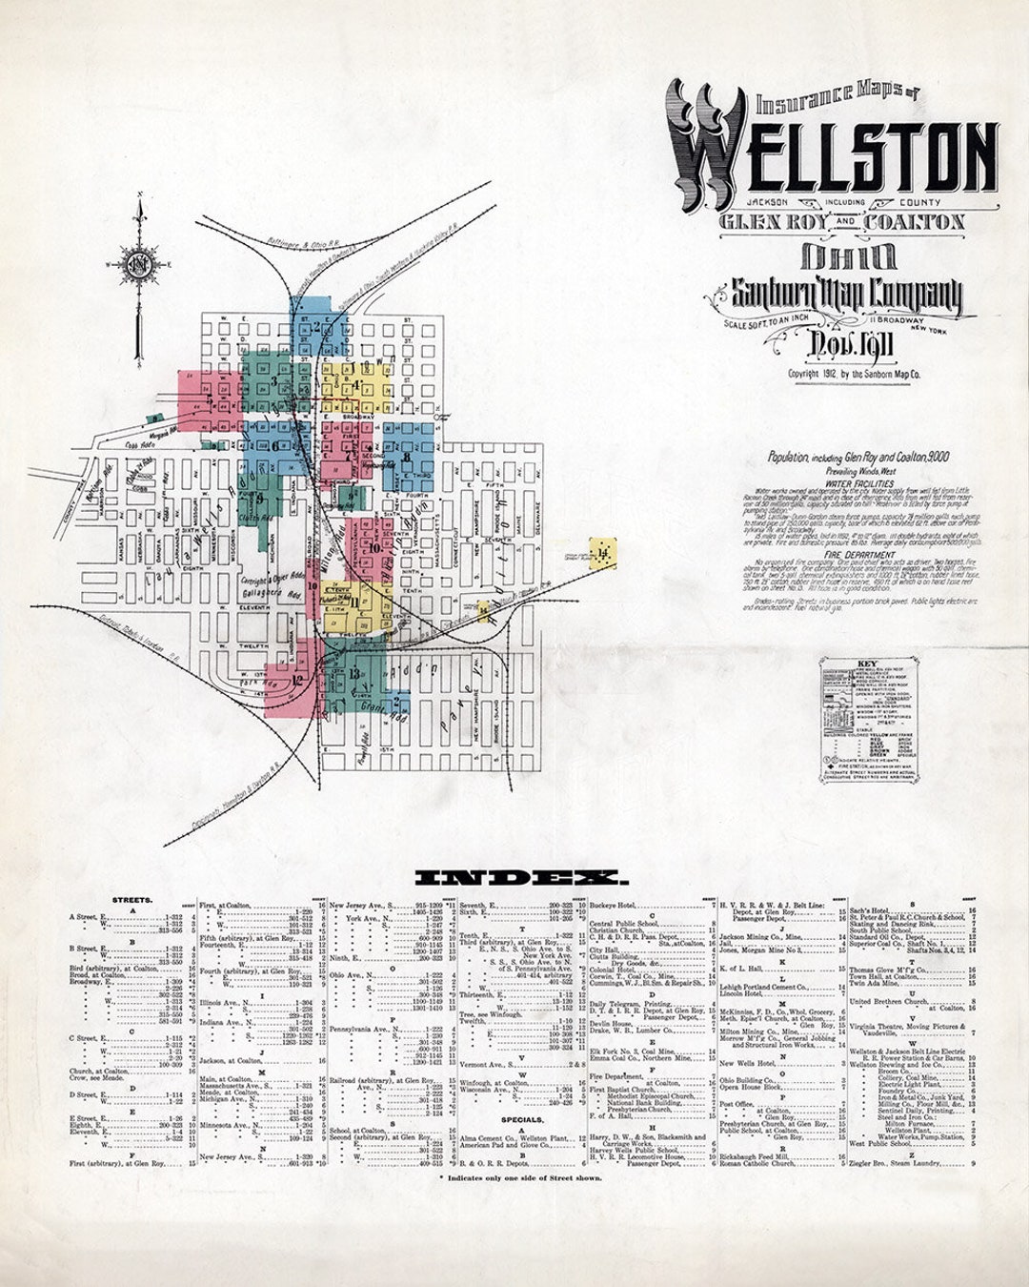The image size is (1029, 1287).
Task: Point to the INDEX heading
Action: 522,877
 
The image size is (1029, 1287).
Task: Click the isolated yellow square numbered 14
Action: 603,550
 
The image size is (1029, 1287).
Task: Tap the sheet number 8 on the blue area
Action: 408,458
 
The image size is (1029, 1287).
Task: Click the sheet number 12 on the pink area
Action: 298,680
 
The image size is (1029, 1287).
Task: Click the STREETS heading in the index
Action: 132,900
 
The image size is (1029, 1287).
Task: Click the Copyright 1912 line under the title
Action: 854,375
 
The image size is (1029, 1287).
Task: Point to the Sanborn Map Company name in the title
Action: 844,296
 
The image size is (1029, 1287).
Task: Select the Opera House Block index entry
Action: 751,1087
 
